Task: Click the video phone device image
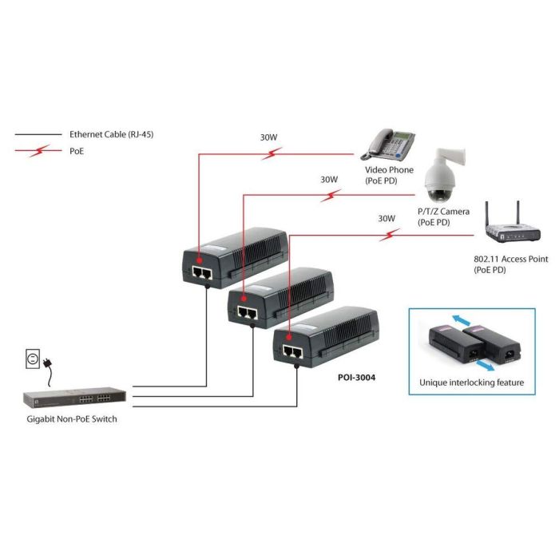[391, 144]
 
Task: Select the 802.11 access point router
[511, 228]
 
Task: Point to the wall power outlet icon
[30, 360]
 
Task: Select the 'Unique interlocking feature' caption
[471, 383]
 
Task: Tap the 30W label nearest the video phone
[268, 137]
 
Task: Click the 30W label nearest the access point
[386, 218]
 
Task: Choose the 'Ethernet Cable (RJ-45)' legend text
[111, 135]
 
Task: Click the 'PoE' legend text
[77, 150]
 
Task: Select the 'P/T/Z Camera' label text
[444, 212]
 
